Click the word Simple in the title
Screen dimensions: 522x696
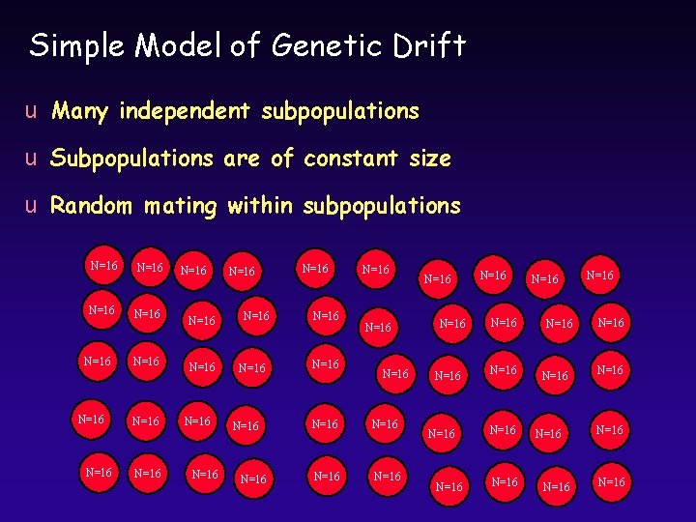tap(75, 45)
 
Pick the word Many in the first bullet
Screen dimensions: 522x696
tap(80, 112)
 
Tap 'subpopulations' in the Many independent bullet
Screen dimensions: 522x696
tap(339, 112)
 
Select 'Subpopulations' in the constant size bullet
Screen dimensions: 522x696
tap(131, 159)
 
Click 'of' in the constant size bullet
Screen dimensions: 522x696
tap(282, 159)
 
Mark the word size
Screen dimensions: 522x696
tap(425, 159)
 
